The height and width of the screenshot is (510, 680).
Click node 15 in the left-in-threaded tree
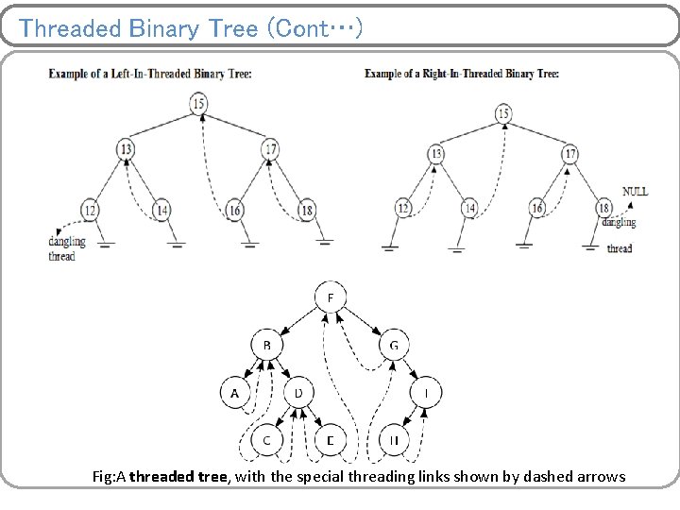point(197,104)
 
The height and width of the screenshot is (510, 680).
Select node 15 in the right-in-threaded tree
point(502,114)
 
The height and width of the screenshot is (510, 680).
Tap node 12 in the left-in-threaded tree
point(90,209)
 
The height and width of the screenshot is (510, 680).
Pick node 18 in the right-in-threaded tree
point(604,208)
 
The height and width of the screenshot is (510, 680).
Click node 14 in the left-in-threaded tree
point(161,209)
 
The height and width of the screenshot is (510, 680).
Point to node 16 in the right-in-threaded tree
point(536,208)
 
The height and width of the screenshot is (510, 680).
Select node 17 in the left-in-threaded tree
point(270,148)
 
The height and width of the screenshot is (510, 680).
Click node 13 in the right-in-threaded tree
point(435,154)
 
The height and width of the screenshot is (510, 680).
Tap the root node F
point(330,298)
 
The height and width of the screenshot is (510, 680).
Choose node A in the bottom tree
point(235,392)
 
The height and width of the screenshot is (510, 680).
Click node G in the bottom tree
point(394,346)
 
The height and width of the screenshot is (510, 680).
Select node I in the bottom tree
point(426,392)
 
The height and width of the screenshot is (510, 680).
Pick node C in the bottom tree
point(267,439)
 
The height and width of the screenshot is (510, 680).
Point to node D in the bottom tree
point(298,392)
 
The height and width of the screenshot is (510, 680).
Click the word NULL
point(635,191)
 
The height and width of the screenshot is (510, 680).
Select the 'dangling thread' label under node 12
point(66,248)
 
